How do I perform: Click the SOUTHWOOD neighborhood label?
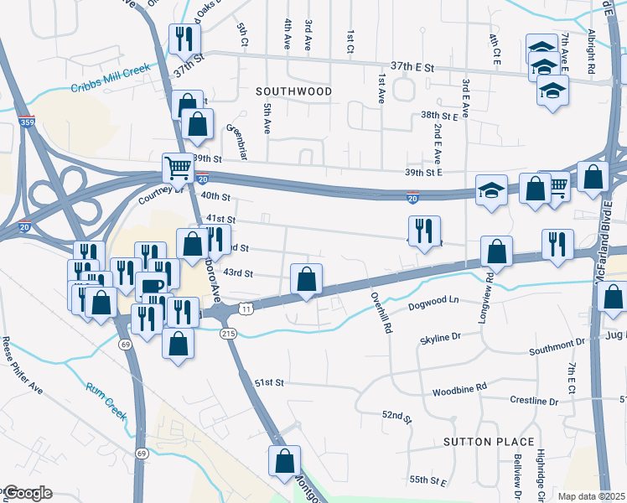point(293,91)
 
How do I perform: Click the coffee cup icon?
point(151,286)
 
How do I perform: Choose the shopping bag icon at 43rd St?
point(307,277)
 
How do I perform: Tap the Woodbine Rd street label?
point(459,390)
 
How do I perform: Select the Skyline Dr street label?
point(440,337)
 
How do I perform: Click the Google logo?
point(28,493)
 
